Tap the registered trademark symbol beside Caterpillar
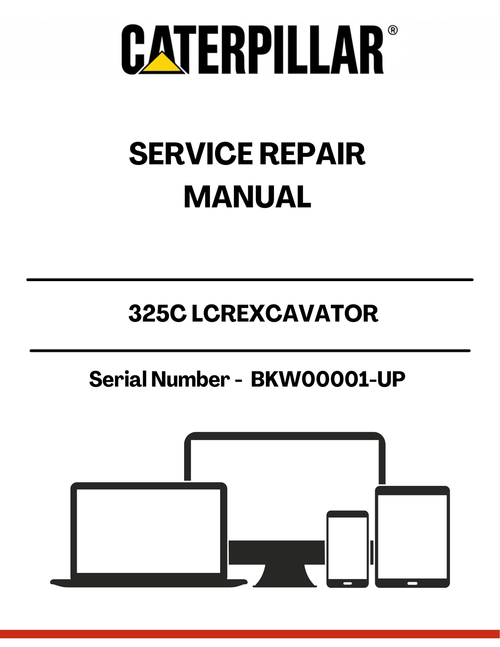click(393, 30)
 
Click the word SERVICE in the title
click(191, 154)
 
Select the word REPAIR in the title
click(312, 154)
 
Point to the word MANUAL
click(247, 197)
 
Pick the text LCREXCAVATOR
click(285, 314)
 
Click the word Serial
click(118, 379)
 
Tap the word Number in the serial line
click(190, 379)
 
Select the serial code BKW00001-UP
click(328, 379)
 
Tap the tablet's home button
click(412, 583)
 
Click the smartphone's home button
click(348, 583)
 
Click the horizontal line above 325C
click(250, 279)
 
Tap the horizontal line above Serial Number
click(250, 351)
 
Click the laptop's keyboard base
click(149, 582)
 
